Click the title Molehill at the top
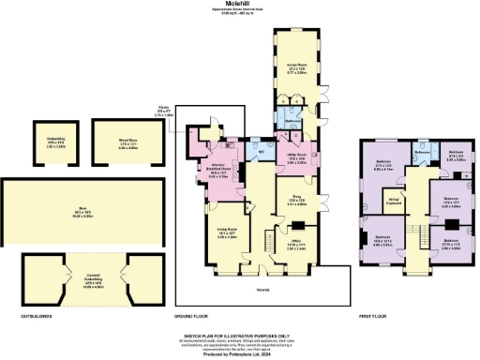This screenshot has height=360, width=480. (239, 4)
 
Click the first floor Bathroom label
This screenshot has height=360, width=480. (423, 146)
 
